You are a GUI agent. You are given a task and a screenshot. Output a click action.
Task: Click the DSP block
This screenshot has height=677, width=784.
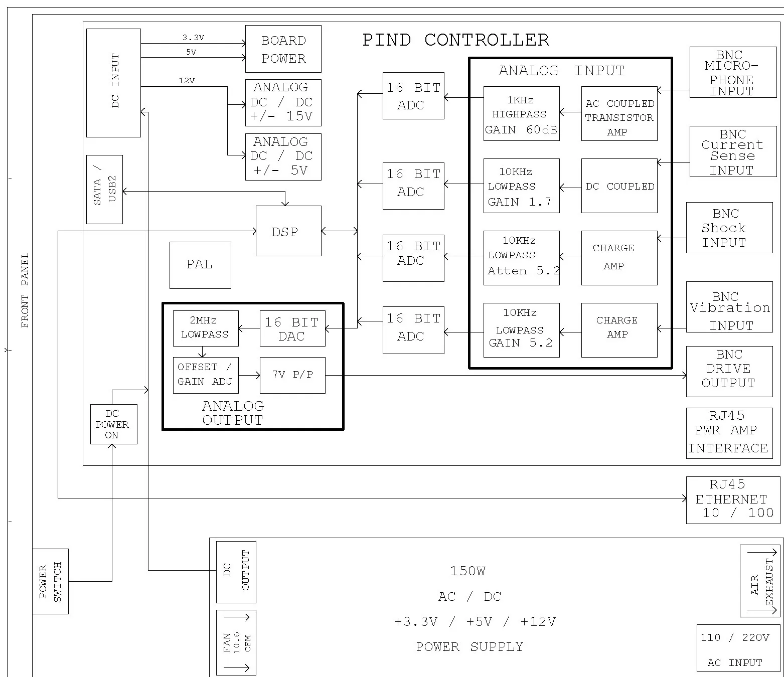pyautogui.click(x=288, y=231)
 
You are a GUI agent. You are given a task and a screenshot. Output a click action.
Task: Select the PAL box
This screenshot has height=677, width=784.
pyautogui.click(x=200, y=265)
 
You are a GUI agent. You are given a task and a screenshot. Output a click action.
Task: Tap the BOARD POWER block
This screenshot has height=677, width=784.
pyautogui.click(x=283, y=49)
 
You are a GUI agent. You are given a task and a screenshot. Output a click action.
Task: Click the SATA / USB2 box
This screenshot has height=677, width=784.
pyautogui.click(x=104, y=189)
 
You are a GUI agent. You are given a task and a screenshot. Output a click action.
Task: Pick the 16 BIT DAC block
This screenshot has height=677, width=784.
pyautogui.click(x=292, y=329)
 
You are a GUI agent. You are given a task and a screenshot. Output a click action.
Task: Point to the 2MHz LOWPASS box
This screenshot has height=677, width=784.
pyautogui.click(x=205, y=328)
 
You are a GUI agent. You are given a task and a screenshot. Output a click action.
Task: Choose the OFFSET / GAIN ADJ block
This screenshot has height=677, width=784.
pyautogui.click(x=205, y=375)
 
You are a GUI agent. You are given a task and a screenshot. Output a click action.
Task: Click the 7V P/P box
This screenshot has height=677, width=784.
pyautogui.click(x=292, y=375)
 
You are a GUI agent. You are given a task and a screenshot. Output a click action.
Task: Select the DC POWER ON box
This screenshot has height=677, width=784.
pyautogui.click(x=113, y=424)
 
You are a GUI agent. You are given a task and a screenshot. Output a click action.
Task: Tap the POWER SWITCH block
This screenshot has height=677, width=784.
pyautogui.click(x=50, y=581)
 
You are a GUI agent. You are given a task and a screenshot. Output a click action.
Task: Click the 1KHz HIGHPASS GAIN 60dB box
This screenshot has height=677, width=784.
pyautogui.click(x=521, y=114)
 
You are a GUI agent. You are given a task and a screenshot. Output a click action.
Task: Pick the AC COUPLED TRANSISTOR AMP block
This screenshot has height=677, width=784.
pyautogui.click(x=619, y=114)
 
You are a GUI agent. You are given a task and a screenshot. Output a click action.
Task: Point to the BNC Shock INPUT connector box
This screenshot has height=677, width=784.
pyautogui.click(x=729, y=228)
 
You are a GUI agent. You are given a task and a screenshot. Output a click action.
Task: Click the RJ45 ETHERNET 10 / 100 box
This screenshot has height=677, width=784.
pyautogui.click(x=733, y=499)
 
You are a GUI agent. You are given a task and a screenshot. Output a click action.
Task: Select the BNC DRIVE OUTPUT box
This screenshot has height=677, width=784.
pyautogui.click(x=729, y=371)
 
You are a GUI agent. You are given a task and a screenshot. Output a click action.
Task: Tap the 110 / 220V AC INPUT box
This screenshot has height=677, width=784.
pyautogui.click(x=735, y=648)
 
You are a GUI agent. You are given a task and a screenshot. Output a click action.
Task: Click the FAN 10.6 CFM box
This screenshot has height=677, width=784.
pyautogui.click(x=236, y=642)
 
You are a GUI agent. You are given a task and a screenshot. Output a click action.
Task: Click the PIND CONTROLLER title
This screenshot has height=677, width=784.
pyautogui.click(x=455, y=40)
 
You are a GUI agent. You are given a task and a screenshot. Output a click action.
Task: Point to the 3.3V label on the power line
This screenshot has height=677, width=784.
pyautogui.click(x=193, y=38)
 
